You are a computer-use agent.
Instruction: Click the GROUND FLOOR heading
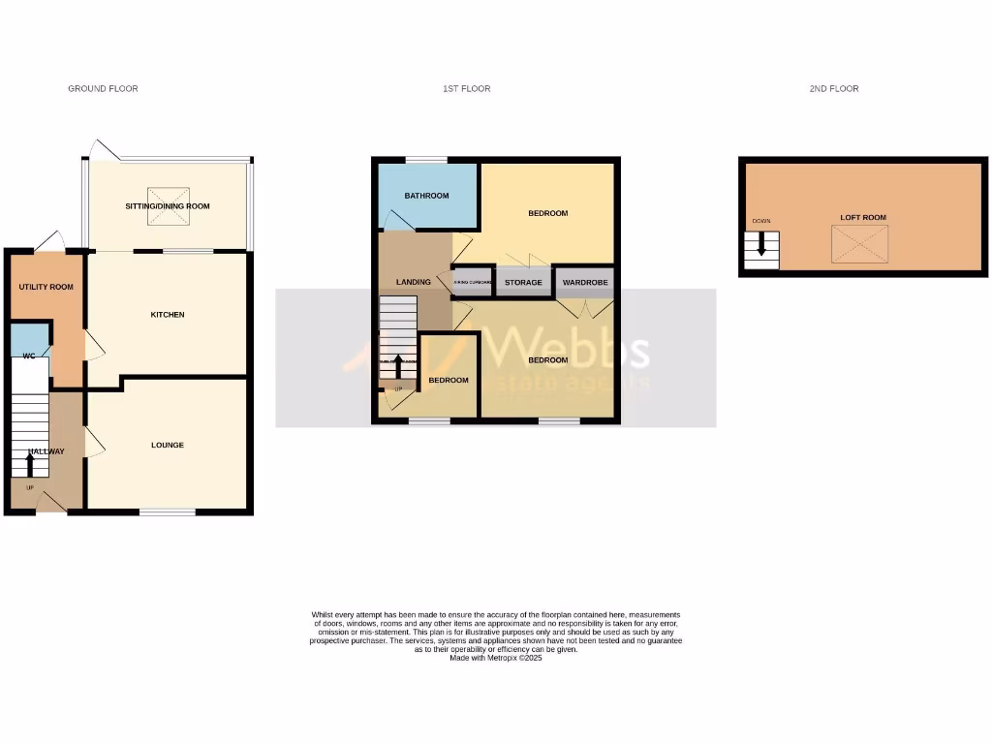coord(103,89)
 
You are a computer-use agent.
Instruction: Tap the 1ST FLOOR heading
coord(466,89)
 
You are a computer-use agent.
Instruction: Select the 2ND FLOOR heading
coord(834,89)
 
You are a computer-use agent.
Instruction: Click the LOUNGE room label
coord(167,446)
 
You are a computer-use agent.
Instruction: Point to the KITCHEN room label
coord(167,315)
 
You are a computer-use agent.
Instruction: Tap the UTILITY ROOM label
coord(46,287)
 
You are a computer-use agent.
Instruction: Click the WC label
coord(29,356)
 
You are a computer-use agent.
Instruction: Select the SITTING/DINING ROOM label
coord(167,206)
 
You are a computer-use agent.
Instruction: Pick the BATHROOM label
coord(426,196)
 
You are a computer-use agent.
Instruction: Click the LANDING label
coord(414,282)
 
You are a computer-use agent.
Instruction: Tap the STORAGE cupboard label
coord(523,283)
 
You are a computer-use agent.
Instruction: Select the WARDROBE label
coord(585,283)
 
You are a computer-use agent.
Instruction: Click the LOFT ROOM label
coord(862,218)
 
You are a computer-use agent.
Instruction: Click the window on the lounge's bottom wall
coord(168,511)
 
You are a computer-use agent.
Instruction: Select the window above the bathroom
coord(425,160)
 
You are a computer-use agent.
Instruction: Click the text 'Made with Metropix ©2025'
coord(496,658)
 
